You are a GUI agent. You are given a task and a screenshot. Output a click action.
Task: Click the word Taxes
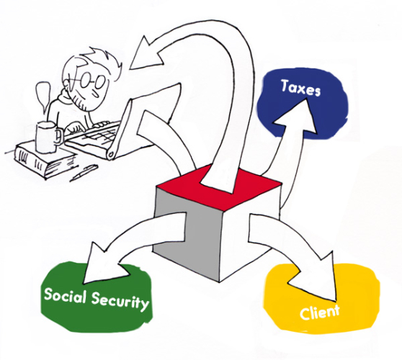coord(300,88)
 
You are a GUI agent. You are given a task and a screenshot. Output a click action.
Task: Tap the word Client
coord(319,312)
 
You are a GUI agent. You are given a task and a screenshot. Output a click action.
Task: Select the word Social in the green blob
coord(64,295)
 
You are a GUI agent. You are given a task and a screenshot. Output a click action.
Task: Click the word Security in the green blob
coord(120,302)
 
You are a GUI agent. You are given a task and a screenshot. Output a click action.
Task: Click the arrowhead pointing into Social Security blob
coord(102,266)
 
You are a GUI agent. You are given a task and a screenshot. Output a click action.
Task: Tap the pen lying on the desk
coord(84,173)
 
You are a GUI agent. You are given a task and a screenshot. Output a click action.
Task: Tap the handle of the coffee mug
coord(59,136)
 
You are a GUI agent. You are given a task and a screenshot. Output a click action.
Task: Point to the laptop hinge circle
coord(111,154)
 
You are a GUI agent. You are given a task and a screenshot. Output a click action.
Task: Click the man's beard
coord(81,102)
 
